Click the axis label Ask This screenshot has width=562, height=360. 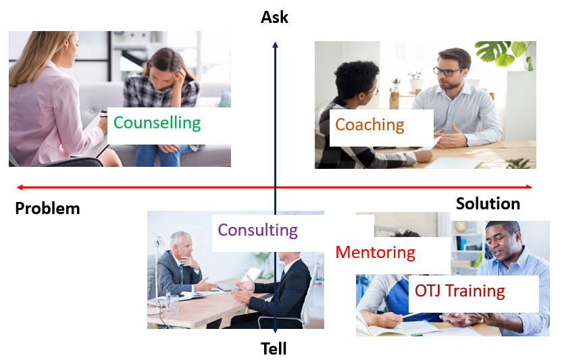pos(274,17)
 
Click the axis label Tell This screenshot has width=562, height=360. pos(274,349)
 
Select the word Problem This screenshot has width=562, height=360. pos(47,208)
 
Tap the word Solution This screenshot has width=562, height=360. pos(488,204)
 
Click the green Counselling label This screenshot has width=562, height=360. pos(157,123)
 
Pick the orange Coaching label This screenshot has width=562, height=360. pos(369,125)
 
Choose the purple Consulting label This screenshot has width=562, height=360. pos(258,230)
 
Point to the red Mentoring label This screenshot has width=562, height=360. pos(376,253)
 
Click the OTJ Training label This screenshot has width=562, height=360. pos(460,291)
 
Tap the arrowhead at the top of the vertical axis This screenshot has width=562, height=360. pos(275,44)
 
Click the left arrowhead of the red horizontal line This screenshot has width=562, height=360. pos(20,187)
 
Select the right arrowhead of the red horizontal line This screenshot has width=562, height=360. pos(530,186)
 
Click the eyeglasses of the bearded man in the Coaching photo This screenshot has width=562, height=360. pos(447,71)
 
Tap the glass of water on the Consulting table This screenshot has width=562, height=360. pos(172,303)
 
